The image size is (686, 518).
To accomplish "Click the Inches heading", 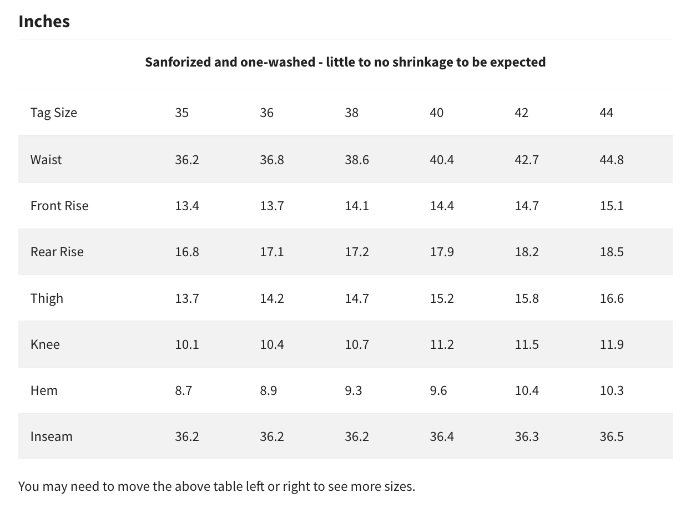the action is (44, 21).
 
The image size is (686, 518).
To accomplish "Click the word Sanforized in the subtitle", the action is (178, 62).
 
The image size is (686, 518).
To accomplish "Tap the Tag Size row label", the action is (53, 113).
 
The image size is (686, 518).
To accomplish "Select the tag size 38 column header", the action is (351, 113).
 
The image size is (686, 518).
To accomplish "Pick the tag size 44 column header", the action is (606, 113).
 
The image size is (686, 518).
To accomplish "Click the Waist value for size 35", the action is (186, 160).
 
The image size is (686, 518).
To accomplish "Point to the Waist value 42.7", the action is (526, 160).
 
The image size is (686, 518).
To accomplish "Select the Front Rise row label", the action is (59, 206).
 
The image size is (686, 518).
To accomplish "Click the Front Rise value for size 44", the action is (611, 206).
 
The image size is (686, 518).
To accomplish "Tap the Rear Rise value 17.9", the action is (442, 252).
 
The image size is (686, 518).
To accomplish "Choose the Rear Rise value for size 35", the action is (186, 252).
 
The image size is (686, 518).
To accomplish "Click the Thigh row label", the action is (47, 298).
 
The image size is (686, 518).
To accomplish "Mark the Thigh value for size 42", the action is (526, 298).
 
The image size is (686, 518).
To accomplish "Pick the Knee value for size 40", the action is (442, 344).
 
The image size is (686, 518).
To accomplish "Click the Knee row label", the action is (45, 344).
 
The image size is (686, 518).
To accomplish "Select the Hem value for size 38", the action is (353, 390).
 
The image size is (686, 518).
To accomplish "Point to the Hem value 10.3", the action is (611, 390).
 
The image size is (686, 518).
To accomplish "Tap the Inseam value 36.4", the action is (442, 436).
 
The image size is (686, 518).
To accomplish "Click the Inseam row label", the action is (51, 436).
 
